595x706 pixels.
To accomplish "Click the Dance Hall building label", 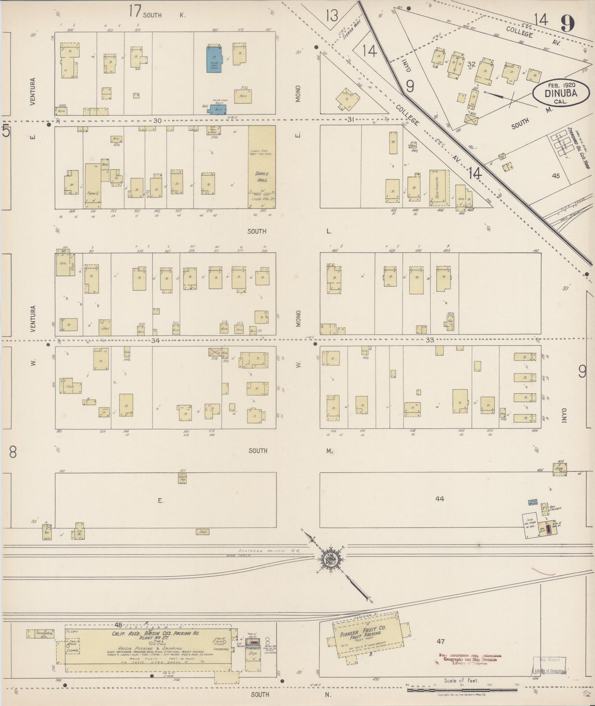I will [262, 176].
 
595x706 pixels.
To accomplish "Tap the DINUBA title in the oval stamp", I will [560, 93].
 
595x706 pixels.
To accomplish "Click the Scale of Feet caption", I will [461, 681].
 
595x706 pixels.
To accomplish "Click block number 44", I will [440, 499].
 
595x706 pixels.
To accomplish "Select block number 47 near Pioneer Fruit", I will [441, 641].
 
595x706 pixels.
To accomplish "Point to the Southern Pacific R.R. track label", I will [269, 551].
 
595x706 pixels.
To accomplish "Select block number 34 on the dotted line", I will [155, 340].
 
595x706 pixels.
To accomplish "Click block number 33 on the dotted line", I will [430, 340].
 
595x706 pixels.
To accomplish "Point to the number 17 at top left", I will [135, 11].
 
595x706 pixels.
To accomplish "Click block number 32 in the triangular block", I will [471, 64].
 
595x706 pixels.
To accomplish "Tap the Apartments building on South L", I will [439, 188].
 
